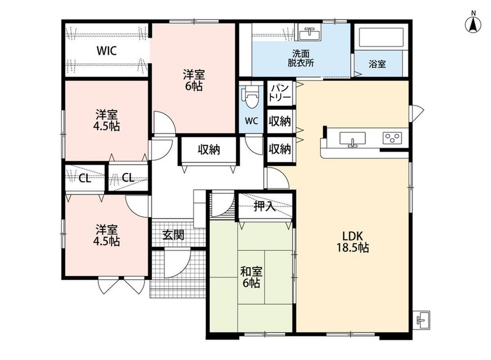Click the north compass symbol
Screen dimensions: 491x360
pos(473,23)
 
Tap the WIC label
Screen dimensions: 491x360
pos(107,50)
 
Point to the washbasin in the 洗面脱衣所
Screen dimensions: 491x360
pos(309,33)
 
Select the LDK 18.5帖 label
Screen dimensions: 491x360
pos(352,242)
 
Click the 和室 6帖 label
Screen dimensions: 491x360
pos(251,277)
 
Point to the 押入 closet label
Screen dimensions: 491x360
pos(265,206)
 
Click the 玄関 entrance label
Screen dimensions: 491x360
pos(173,235)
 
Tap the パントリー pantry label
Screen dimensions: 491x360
pos(280,92)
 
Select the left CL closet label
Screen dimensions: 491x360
pos(85,179)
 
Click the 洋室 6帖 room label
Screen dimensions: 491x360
pos(194,81)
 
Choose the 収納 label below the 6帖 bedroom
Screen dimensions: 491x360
pos(209,150)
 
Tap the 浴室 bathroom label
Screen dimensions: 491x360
pos(377,64)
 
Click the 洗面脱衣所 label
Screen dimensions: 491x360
pos(301,58)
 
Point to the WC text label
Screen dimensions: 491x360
pos(252,121)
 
